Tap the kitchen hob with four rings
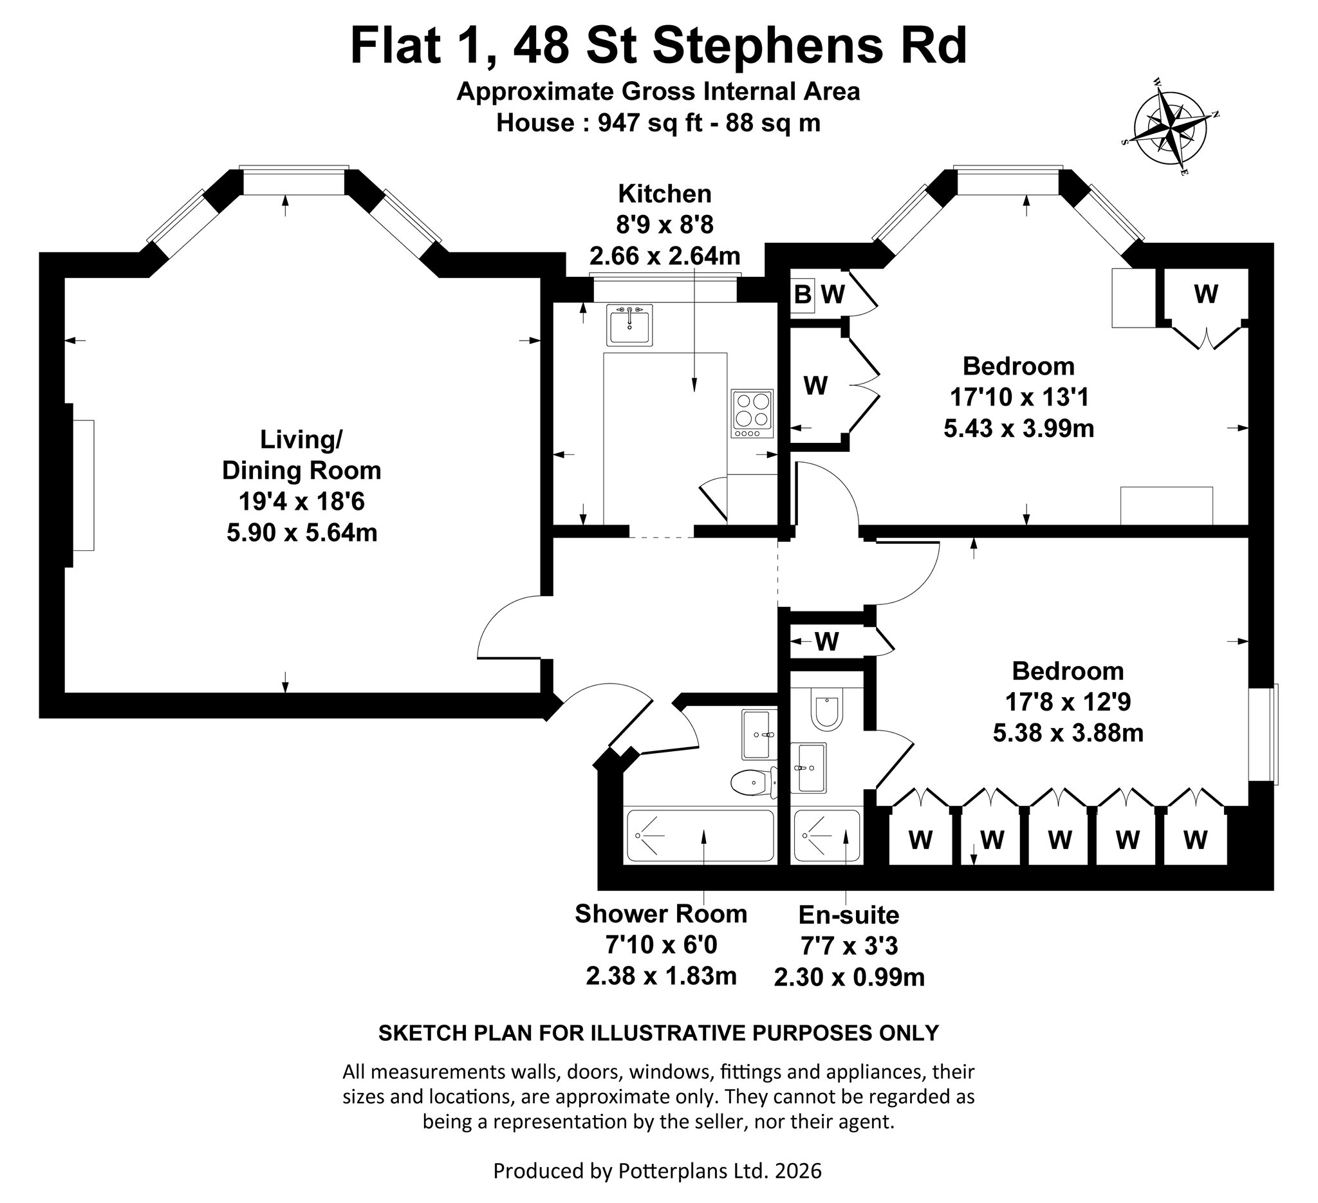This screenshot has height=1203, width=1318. coord(752,414)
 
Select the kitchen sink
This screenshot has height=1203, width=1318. coord(629,324)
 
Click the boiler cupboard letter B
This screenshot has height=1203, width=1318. coord(802,295)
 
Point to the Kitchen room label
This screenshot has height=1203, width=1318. coord(665,194)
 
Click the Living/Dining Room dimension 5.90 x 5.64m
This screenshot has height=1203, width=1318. coord(302,533)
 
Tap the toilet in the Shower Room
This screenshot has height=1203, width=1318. coord(754,783)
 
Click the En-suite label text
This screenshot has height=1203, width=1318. coord(849,915)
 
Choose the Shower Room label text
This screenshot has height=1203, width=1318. coord(661,914)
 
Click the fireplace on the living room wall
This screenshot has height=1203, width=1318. coord(82,485)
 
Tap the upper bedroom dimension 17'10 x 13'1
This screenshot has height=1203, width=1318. coord(1019,397)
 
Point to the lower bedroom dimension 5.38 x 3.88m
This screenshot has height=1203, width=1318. coord(1068,733)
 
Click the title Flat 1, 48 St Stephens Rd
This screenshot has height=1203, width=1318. coord(658,46)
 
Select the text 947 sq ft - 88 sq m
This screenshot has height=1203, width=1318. coord(709,123)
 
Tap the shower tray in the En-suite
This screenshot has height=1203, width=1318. coord(826,836)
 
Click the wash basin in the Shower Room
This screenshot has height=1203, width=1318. coord(759,735)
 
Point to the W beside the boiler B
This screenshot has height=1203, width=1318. coord(833,295)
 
